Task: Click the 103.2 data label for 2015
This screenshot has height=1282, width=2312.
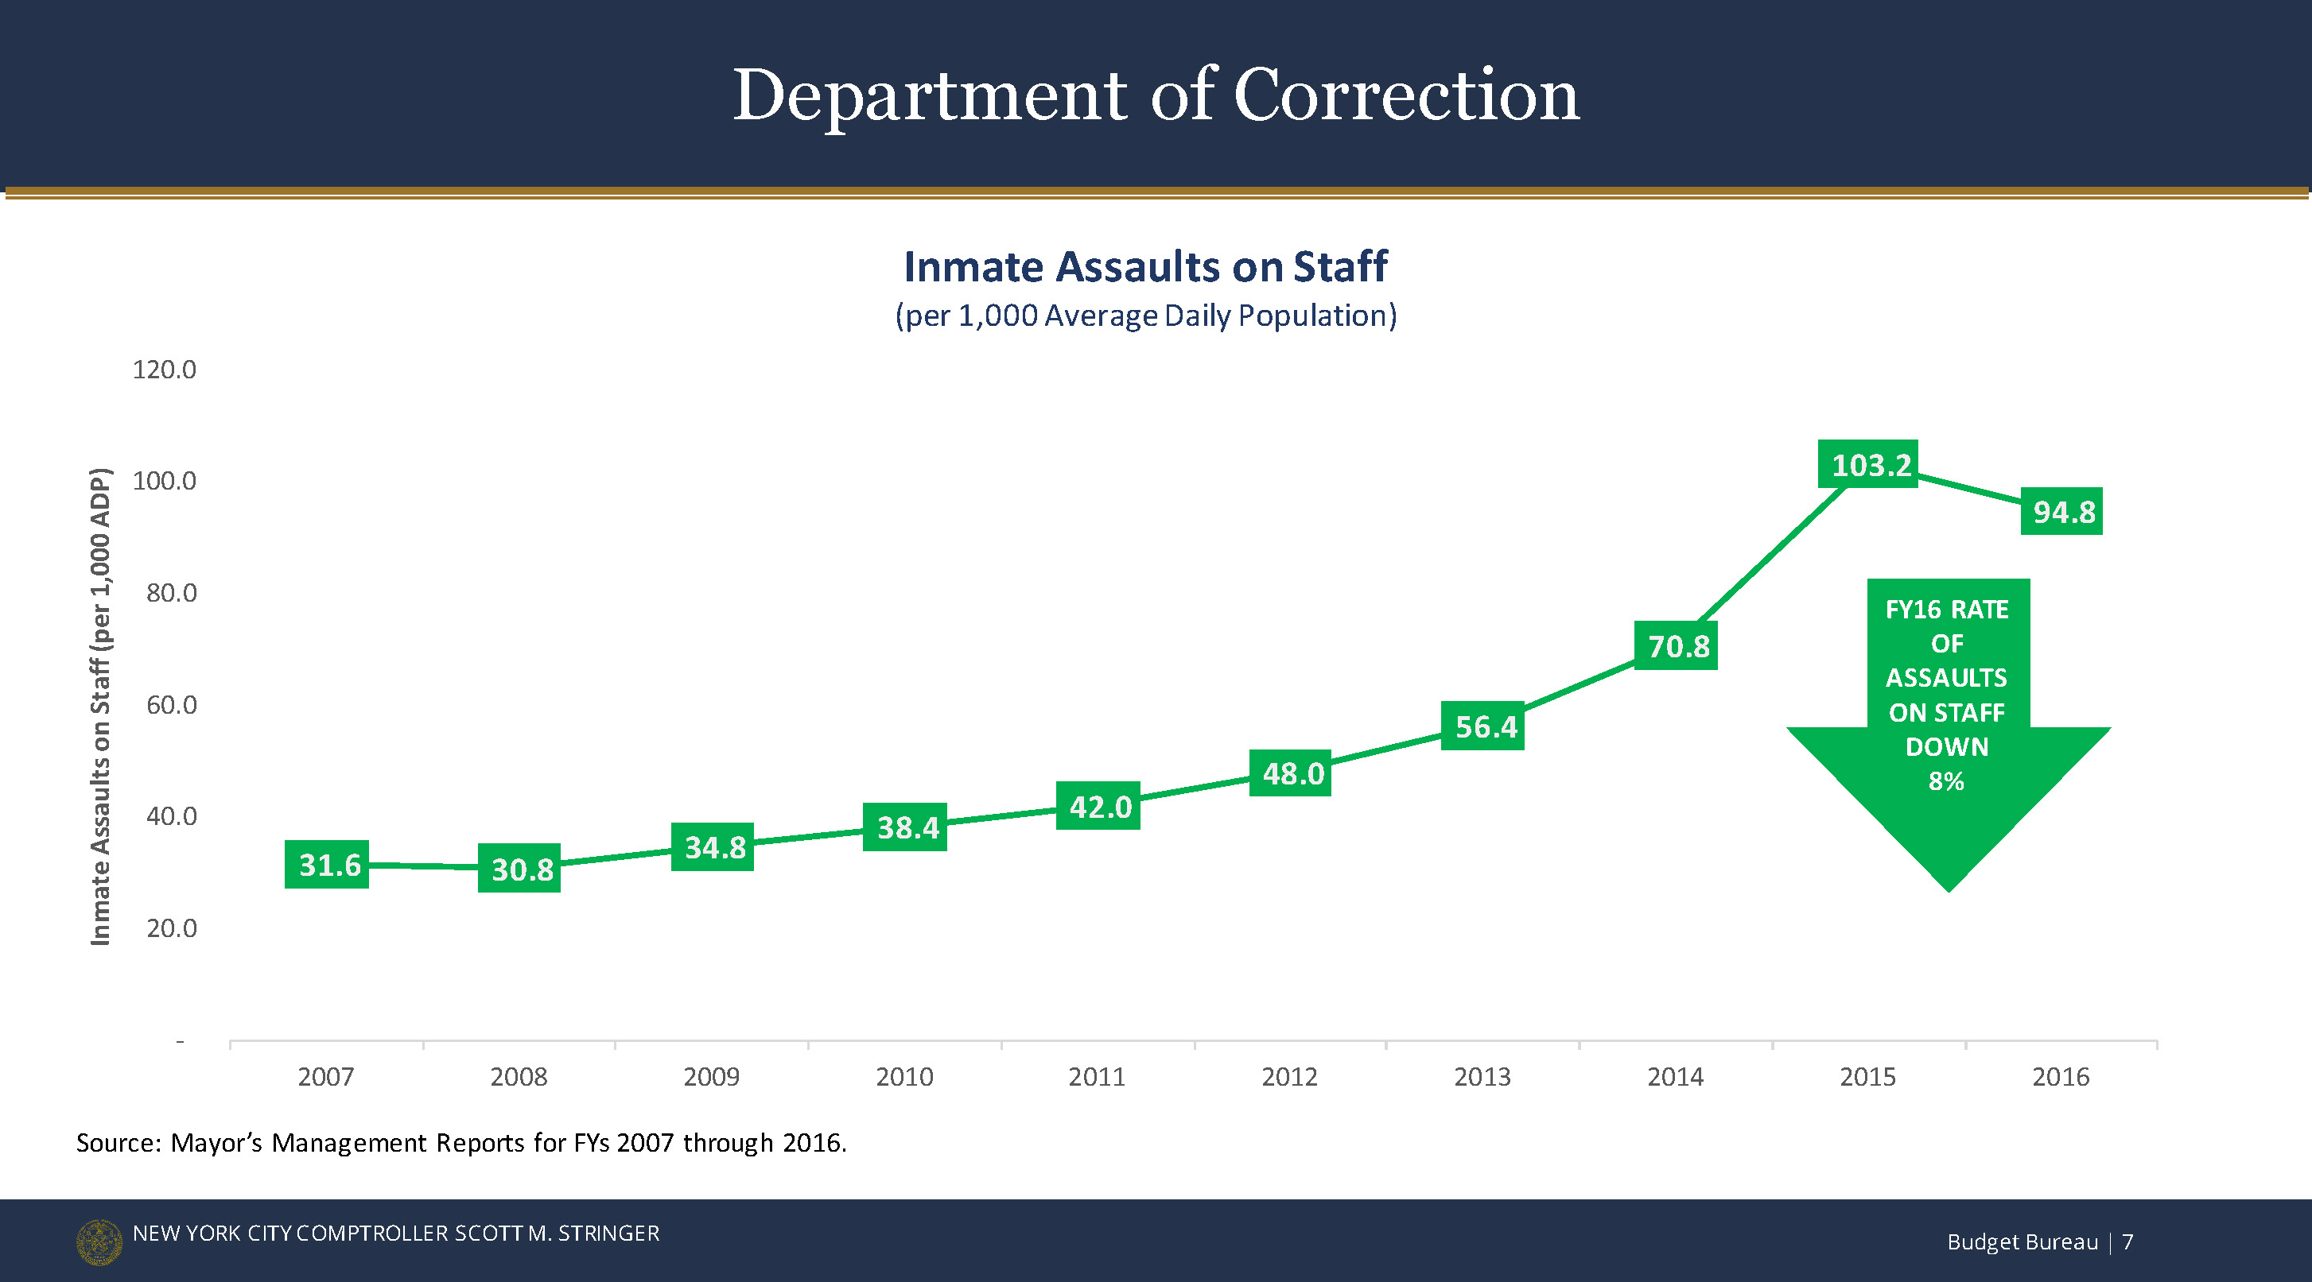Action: pos(1867,464)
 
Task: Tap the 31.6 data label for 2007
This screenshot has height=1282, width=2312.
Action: pos(328,865)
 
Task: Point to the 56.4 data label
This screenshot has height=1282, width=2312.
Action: pos(1483,726)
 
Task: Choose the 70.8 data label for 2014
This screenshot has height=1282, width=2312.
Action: pos(1677,646)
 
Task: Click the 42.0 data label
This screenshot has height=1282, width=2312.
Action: pos(1098,807)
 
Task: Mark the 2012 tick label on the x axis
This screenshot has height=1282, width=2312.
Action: pos(1290,1077)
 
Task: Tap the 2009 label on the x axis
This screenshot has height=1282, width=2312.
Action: pos(711,1077)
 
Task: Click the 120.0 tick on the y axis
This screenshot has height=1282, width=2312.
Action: pos(165,370)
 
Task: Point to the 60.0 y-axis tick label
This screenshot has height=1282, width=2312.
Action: pos(172,705)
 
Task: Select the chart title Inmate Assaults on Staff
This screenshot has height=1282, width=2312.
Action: pos(1145,266)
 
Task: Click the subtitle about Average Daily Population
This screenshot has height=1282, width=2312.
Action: pos(1145,316)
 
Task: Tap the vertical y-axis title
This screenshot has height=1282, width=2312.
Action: pos(100,706)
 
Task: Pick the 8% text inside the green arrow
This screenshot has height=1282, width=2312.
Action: pos(1946,781)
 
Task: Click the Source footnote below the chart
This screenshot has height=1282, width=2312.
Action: pos(461,1143)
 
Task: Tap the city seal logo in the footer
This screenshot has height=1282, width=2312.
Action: pos(99,1241)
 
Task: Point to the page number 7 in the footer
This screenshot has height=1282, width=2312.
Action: pos(2127,1241)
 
